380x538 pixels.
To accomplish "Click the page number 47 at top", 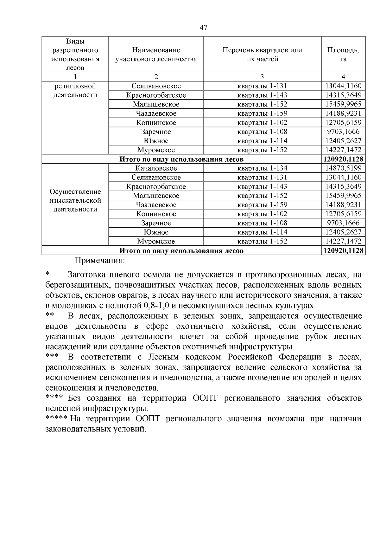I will (204, 28).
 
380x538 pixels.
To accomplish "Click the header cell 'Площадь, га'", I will (343, 55).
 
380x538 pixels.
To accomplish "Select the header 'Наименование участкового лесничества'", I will (156, 55).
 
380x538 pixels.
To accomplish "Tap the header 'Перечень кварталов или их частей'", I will (262, 55).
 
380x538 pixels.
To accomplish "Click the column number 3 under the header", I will (262, 76).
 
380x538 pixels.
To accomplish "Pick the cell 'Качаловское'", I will (156, 168).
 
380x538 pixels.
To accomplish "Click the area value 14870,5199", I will (343, 168).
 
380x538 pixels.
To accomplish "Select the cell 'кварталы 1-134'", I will (262, 168).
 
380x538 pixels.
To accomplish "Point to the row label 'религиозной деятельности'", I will (75, 91).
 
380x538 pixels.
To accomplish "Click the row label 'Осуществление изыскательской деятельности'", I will (75, 200).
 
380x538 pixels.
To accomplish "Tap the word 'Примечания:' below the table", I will (99, 261).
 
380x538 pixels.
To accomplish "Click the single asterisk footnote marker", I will (48, 274).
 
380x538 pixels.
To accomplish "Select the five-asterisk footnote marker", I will (56, 418).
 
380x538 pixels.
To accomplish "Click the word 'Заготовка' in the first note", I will (85, 275).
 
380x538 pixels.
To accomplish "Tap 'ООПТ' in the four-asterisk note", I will (205, 398).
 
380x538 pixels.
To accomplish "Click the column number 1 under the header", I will (75, 76).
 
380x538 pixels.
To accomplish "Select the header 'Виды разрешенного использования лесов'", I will (75, 55).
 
